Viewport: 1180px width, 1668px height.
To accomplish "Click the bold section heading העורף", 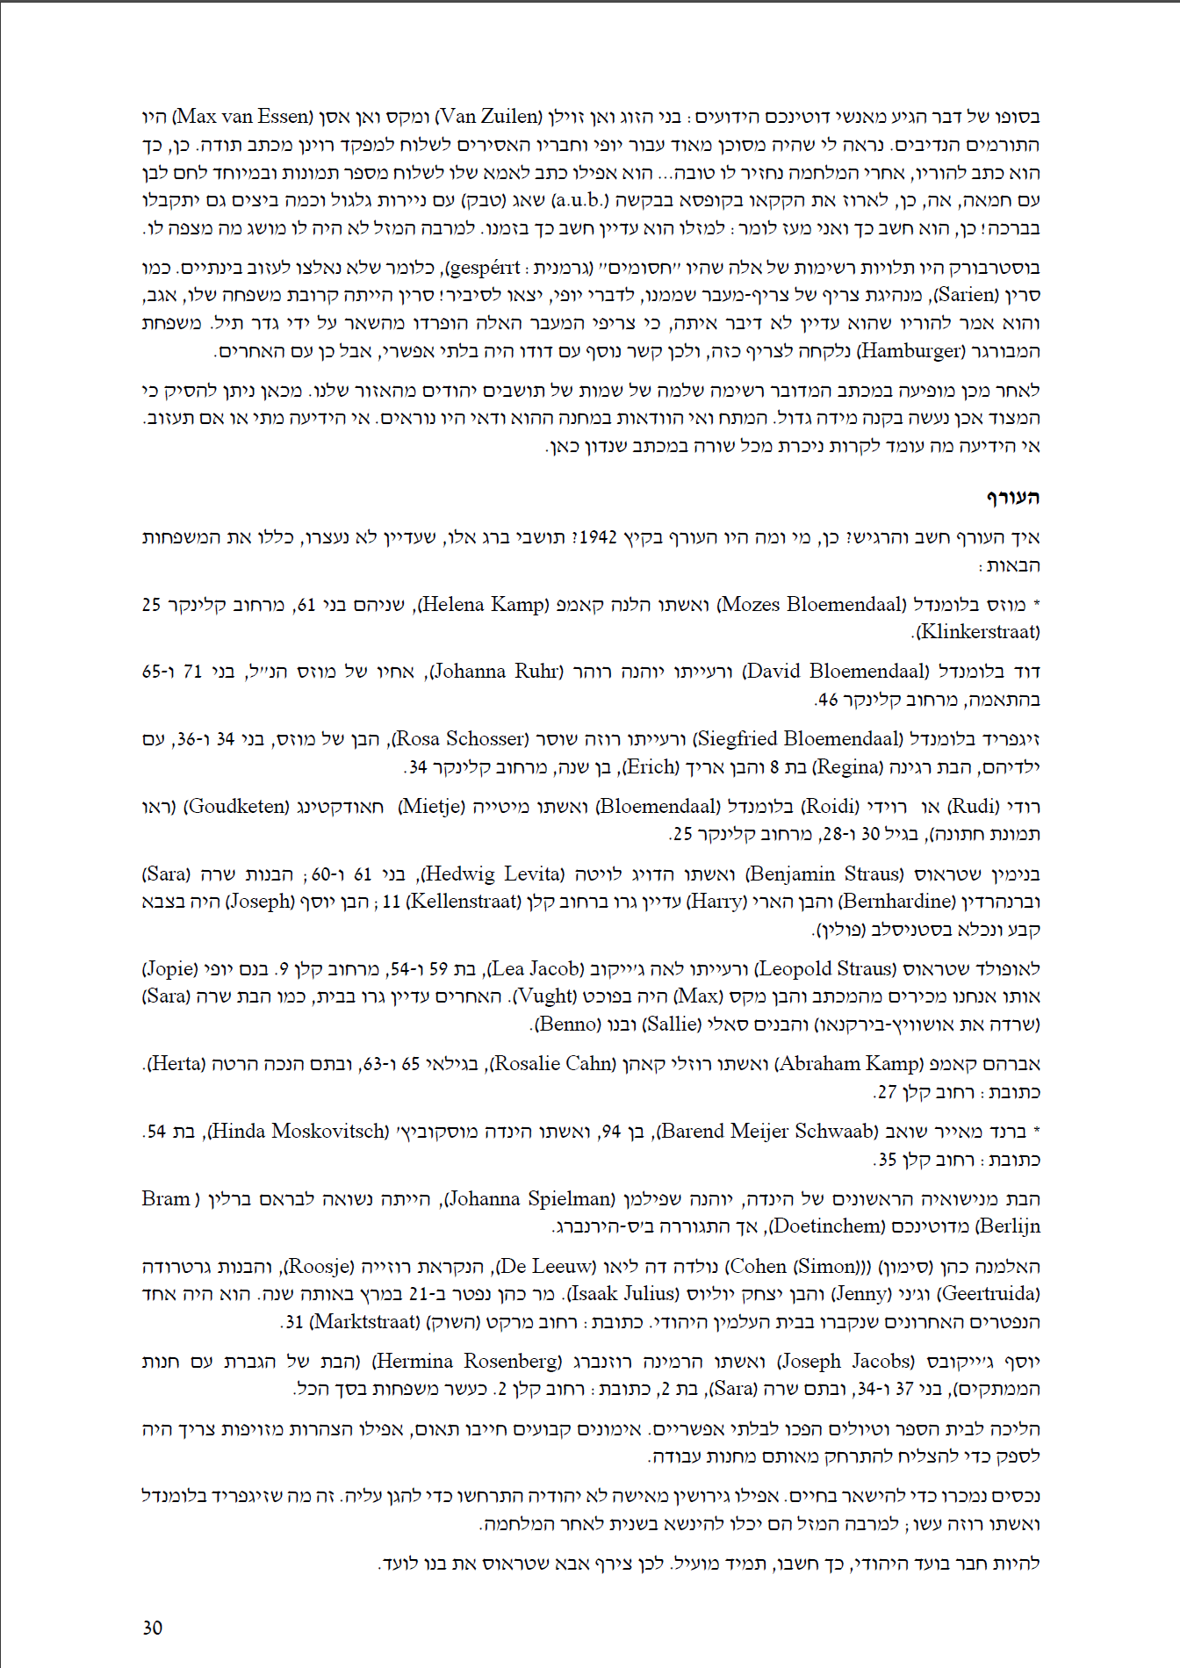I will (1011, 498).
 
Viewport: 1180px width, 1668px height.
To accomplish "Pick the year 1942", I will (598, 537).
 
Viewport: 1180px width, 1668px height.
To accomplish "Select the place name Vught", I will (544, 996).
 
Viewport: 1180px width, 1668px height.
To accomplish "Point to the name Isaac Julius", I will (625, 1294).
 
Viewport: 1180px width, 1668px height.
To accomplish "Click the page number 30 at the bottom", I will (152, 1628).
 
